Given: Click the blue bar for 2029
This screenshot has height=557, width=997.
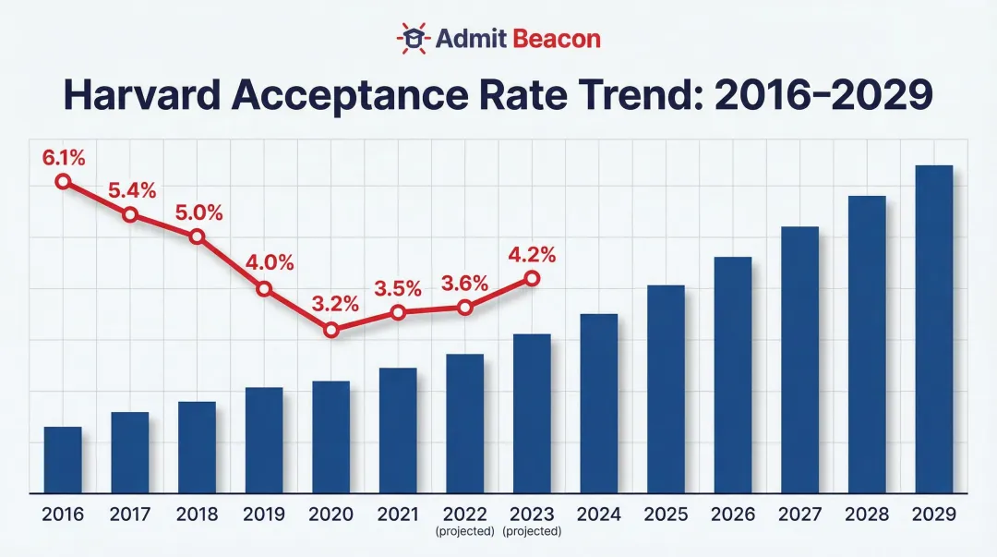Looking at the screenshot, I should (932, 329).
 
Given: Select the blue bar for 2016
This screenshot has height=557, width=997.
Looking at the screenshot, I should (63, 460).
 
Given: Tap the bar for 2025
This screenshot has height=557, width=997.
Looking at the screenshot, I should (666, 389).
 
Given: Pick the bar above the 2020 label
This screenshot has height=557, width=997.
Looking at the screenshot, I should (330, 437).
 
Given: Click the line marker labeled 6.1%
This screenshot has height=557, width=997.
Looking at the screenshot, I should (63, 182).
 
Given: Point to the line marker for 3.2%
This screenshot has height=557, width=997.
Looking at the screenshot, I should (331, 330).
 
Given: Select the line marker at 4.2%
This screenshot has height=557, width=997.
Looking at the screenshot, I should (531, 278).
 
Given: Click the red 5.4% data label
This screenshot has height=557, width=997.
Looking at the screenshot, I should (131, 191).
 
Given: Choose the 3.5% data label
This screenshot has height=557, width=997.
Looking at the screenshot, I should (397, 288).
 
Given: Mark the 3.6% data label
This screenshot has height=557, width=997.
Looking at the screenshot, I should (463, 284).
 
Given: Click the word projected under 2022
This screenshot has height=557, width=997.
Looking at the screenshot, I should (464, 532).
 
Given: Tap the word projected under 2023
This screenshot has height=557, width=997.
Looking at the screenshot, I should (531, 532).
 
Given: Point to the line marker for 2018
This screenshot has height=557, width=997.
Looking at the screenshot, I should (197, 236).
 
